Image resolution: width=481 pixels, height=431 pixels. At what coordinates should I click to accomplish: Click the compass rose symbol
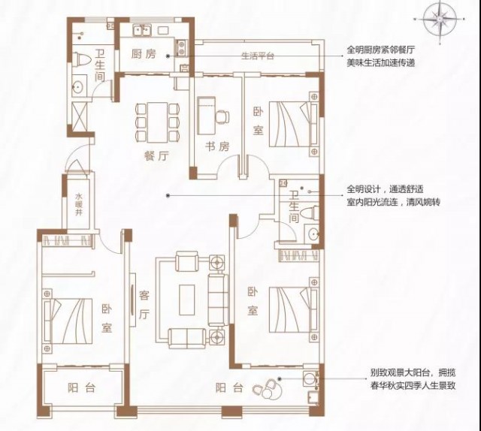coord(440,19)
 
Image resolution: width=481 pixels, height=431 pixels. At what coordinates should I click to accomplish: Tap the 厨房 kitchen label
coord(144,54)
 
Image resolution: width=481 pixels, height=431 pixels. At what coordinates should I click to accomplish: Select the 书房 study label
coord(217,147)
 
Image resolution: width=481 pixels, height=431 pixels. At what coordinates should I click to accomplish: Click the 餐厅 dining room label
coord(156,157)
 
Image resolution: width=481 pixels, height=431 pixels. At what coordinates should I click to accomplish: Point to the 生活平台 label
coord(258,56)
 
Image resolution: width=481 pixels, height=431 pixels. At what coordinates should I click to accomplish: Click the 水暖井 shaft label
coord(79,204)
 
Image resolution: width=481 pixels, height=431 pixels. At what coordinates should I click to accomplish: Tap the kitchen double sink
coord(141,30)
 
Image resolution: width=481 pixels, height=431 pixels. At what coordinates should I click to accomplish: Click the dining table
coord(157,122)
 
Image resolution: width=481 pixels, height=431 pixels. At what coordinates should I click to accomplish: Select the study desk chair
coord(222,116)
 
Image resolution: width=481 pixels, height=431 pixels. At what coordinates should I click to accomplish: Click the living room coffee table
coord(187,300)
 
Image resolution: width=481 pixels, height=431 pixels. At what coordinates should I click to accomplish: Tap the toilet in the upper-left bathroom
coord(82,59)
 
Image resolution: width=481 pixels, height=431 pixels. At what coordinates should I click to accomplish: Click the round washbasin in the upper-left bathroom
coord(78,87)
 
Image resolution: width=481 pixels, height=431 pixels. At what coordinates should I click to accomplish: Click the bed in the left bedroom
coord(68,321)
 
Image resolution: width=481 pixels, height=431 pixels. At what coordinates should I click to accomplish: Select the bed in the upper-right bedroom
coord(293,124)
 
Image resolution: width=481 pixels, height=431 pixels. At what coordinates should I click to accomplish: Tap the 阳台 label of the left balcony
coord(81,388)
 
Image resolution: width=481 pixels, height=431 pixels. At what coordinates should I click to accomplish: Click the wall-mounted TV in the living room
coord(132,300)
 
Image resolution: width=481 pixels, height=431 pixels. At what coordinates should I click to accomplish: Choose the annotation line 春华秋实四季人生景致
coord(413,386)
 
